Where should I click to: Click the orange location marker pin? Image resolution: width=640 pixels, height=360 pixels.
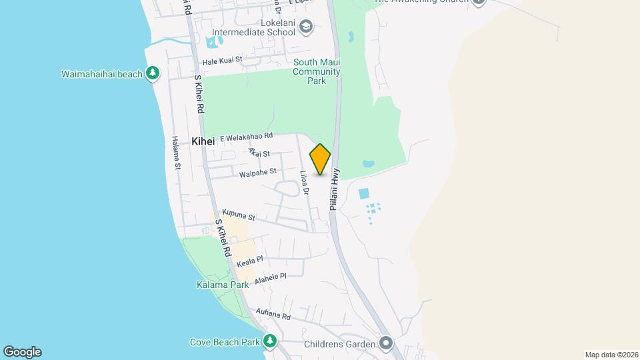[x=320, y=159]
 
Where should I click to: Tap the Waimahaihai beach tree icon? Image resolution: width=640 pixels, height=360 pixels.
[x=153, y=73]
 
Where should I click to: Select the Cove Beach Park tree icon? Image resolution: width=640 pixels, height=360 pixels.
[x=270, y=342]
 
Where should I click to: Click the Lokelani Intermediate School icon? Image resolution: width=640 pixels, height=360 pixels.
[x=306, y=27]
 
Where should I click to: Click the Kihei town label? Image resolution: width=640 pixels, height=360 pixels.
[x=203, y=141]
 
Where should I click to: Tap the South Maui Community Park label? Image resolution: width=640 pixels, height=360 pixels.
[x=317, y=71]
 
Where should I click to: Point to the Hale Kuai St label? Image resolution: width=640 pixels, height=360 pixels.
[x=222, y=60]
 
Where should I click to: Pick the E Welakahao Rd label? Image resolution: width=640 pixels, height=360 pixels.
[x=246, y=136]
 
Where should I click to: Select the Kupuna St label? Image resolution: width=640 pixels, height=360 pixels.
[x=239, y=215]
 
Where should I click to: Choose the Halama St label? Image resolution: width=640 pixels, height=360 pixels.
[x=175, y=153]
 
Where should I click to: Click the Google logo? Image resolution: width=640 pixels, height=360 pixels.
[x=22, y=352]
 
